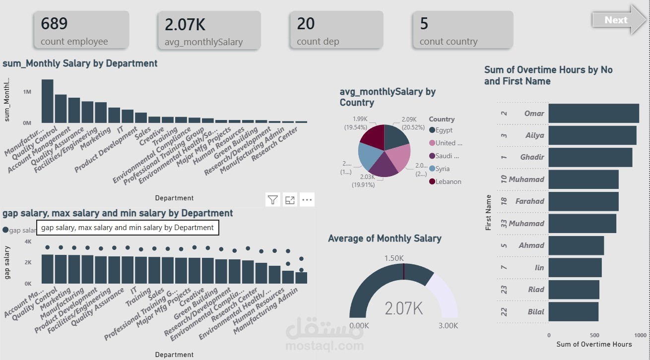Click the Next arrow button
(618, 20)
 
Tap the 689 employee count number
(54, 24)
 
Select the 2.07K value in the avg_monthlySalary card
(185, 24)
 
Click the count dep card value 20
(306, 24)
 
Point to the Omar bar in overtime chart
(593, 113)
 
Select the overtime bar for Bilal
(573, 312)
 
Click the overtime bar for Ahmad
(576, 245)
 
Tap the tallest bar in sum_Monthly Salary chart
(48, 101)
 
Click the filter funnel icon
(272, 200)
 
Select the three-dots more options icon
(307, 200)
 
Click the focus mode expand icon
(290, 200)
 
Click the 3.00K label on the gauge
(448, 326)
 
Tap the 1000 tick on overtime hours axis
(640, 335)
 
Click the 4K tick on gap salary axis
(28, 241)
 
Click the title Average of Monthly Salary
(385, 239)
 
